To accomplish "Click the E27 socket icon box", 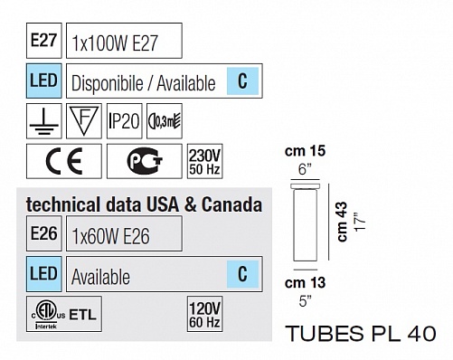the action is pos(44,41).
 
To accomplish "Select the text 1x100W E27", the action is pos(115,43).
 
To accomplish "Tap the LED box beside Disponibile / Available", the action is pos(44,81).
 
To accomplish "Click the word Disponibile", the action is pos(108,83).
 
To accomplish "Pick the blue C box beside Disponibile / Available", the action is pos(242,81).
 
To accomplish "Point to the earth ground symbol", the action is pos(44,121).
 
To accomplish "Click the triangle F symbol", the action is pos(84,121).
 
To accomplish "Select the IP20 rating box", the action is pos(124,121).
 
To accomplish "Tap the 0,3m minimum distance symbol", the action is pos(165,121).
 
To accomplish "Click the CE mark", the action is pos(64,161).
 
